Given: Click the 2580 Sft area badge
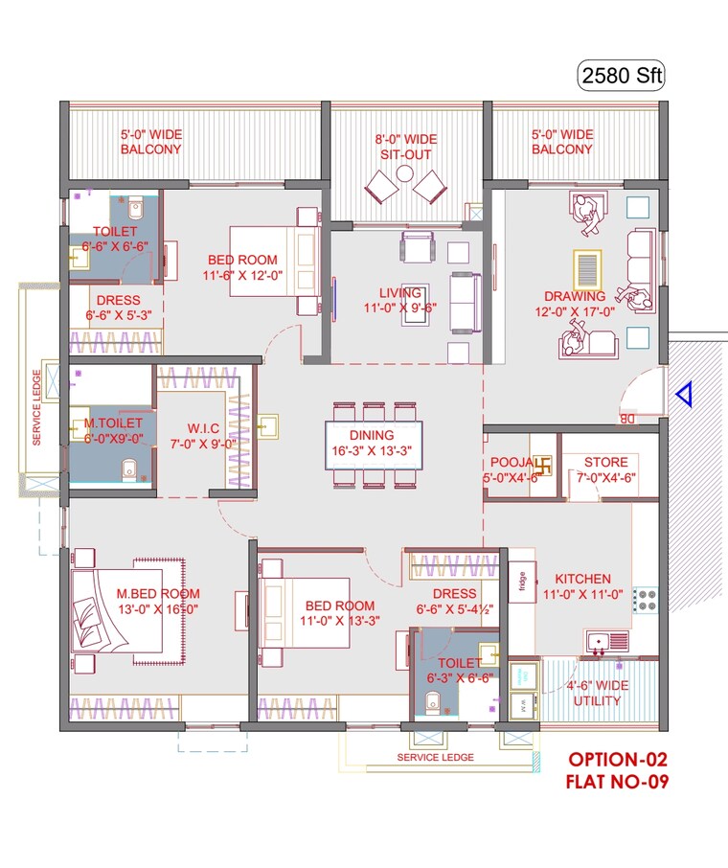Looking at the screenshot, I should click(620, 74).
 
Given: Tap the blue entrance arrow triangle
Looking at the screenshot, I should click(682, 394).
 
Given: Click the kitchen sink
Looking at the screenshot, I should click(606, 639).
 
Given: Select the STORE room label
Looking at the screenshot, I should click(605, 463).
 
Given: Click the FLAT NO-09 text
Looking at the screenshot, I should click(615, 782).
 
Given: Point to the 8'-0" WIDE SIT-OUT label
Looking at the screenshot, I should click(405, 147).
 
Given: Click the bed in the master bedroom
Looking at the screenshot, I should click(118, 610).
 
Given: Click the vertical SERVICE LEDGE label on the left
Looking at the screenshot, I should click(36, 407).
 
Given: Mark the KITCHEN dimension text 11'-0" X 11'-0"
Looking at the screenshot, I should click(582, 594).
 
